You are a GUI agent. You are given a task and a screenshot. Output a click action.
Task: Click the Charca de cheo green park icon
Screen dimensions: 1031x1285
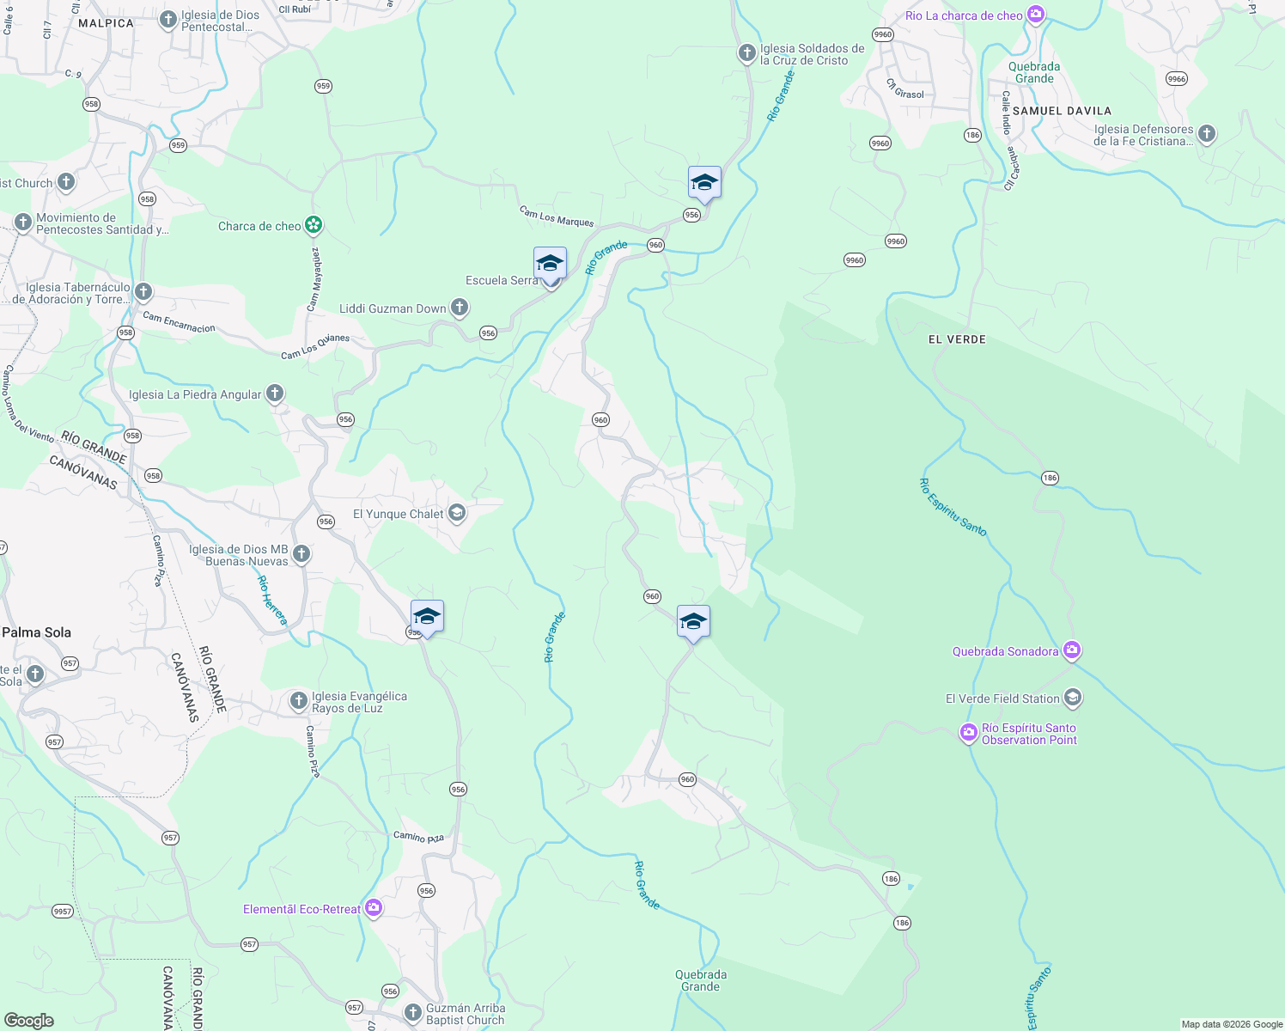pos(314,225)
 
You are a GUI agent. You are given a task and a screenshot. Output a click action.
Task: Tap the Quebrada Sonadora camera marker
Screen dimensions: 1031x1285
pos(1071,650)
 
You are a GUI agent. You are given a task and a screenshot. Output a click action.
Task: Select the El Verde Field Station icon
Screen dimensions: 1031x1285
pos(1072,698)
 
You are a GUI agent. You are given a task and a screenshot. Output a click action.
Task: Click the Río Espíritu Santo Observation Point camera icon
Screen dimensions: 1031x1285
pos(969,733)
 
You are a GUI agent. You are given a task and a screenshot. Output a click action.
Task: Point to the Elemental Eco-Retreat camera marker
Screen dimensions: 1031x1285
pos(373,908)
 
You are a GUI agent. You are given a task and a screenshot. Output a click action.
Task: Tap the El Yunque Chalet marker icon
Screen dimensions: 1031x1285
pos(457,514)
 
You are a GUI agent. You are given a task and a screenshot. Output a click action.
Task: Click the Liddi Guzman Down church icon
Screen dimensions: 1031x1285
pos(460,308)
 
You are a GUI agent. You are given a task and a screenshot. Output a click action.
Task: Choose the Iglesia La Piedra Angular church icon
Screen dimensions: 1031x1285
pos(274,393)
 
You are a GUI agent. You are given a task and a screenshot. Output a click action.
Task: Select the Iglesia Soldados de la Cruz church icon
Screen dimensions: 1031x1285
pos(747,53)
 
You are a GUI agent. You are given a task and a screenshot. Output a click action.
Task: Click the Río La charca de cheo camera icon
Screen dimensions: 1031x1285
pos(1036,15)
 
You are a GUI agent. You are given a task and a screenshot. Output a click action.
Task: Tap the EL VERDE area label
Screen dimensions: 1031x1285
pos(957,339)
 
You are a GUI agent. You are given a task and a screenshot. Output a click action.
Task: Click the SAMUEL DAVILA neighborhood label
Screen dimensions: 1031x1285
pos(1062,111)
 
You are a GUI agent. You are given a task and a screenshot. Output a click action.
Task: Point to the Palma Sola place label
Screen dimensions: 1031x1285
pos(36,632)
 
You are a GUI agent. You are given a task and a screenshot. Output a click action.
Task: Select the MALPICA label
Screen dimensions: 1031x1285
pos(106,23)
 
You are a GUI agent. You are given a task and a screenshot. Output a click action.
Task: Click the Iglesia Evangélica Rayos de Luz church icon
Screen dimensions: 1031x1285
pos(298,701)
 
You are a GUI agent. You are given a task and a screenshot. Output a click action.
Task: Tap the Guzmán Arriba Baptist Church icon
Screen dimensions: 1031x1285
pos(412,1012)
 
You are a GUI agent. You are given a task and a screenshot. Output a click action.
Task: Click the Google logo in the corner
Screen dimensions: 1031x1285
pos(28,1020)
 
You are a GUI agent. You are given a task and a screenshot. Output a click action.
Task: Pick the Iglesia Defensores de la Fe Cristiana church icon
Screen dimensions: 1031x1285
pos(1207,134)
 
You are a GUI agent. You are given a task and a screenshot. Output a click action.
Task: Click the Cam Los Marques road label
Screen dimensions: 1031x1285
pos(557,216)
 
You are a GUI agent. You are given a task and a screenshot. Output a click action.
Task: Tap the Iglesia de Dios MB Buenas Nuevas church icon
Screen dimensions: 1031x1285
pos(301,554)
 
